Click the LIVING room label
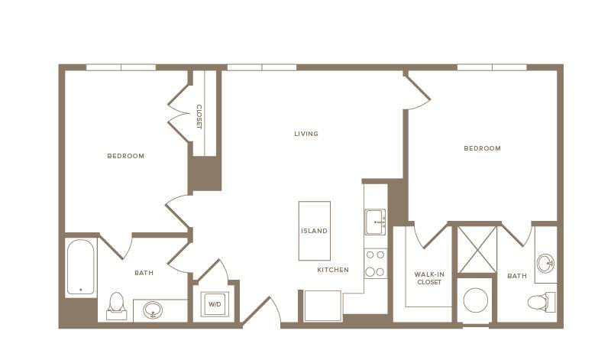click(306, 134)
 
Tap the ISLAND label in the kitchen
click(314, 231)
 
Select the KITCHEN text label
click(333, 270)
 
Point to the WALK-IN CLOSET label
click(429, 278)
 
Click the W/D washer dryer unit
click(215, 304)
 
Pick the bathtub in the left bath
click(81, 267)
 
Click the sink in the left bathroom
click(153, 310)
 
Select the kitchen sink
click(375, 222)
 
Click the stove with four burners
click(376, 263)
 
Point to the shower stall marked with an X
click(477, 250)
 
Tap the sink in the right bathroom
click(546, 263)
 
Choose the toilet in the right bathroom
click(541, 302)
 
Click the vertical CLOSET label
click(199, 117)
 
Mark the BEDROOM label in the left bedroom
click(126, 156)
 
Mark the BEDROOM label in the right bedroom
click(482, 148)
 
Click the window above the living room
click(262, 67)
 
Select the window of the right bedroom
click(492, 67)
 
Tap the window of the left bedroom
click(121, 67)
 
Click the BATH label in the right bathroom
click(517, 276)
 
